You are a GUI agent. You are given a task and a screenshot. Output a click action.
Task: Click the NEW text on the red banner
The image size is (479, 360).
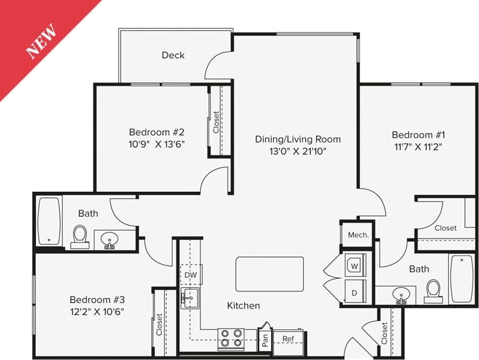point(42,42)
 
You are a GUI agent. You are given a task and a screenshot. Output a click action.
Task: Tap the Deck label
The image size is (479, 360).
point(173,55)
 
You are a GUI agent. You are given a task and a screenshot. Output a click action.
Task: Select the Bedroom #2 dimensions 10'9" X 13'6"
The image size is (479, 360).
point(156,144)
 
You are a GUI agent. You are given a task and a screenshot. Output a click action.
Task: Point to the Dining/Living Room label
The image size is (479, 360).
point(297,139)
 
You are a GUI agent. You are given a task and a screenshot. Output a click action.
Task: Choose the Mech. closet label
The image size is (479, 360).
point(357,235)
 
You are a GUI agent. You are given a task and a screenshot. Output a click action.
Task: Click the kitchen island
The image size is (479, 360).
point(269,274)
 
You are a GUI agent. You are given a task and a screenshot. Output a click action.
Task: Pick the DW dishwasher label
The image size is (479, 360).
point(190,275)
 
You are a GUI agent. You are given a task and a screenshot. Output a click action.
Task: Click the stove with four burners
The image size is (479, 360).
point(231,337)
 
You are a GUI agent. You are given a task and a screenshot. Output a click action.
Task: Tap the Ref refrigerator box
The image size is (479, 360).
point(288,340)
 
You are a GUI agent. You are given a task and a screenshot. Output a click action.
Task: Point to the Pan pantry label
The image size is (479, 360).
point(264,340)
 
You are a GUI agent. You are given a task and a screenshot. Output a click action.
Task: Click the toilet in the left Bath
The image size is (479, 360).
point(81,235)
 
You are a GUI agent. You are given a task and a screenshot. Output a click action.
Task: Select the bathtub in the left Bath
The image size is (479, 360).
point(49,221)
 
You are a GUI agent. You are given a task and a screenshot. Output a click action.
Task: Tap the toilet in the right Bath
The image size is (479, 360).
point(433,290)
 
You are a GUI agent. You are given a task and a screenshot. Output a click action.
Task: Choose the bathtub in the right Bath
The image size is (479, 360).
point(461,279)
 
